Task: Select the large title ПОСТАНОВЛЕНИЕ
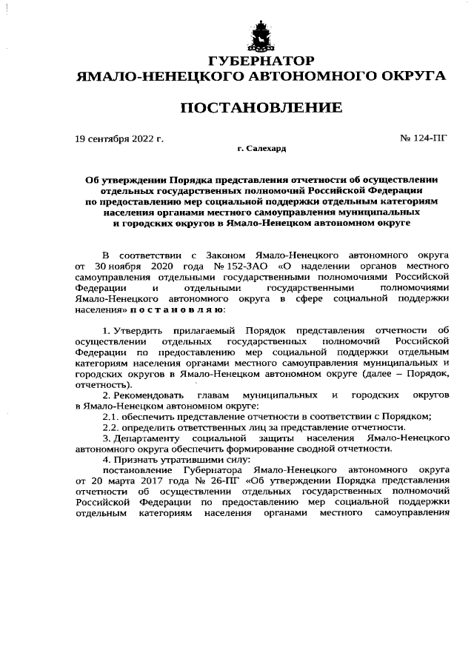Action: pos(261,108)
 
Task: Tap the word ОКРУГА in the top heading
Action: pos(410,76)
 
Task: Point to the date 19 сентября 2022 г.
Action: pos(119,138)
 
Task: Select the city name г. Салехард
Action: pos(261,149)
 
